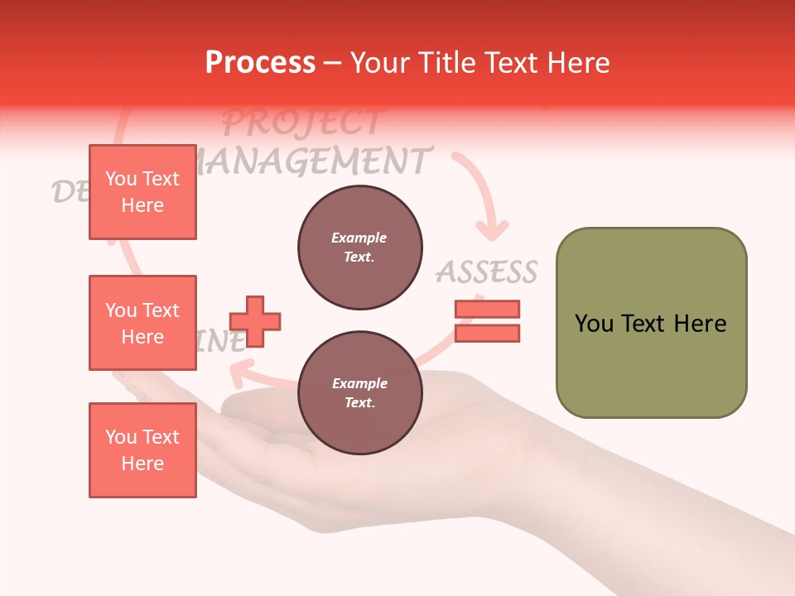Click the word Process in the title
pyautogui.click(x=260, y=63)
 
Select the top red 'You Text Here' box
pyautogui.click(x=142, y=192)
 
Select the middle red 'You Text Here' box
pyautogui.click(x=142, y=323)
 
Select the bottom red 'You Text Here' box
pyautogui.click(x=142, y=450)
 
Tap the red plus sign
pyautogui.click(x=255, y=321)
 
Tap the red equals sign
pyautogui.click(x=487, y=321)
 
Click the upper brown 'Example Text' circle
pyautogui.click(x=360, y=248)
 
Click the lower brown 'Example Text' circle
pyautogui.click(x=360, y=393)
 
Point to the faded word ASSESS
pyautogui.click(x=487, y=272)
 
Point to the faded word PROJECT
pyautogui.click(x=302, y=123)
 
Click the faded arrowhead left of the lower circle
pyautogui.click(x=239, y=377)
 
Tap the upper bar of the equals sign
pyautogui.click(x=487, y=310)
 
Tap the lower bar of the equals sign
pyautogui.click(x=487, y=333)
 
